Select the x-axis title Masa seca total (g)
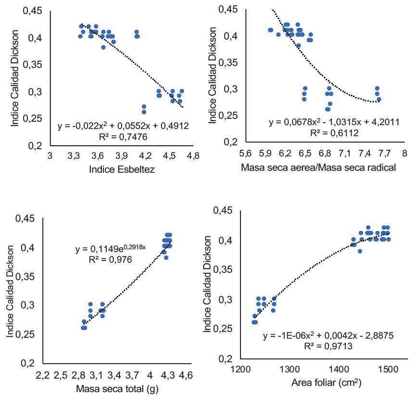(x=117, y=389)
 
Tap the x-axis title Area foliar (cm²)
(x=326, y=384)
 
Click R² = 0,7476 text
(x=123, y=137)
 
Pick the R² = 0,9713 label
(x=329, y=345)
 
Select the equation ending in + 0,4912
(x=123, y=127)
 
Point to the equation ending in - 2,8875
(x=329, y=335)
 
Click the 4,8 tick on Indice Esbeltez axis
(x=193, y=156)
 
